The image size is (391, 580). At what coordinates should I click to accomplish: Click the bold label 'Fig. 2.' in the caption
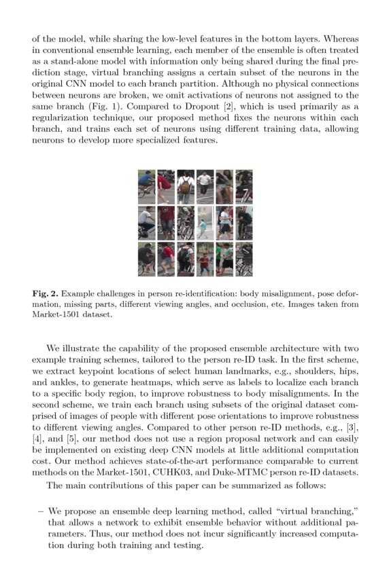pos(47,293)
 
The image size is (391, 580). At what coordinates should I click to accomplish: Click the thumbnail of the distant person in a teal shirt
pos(205,223)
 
